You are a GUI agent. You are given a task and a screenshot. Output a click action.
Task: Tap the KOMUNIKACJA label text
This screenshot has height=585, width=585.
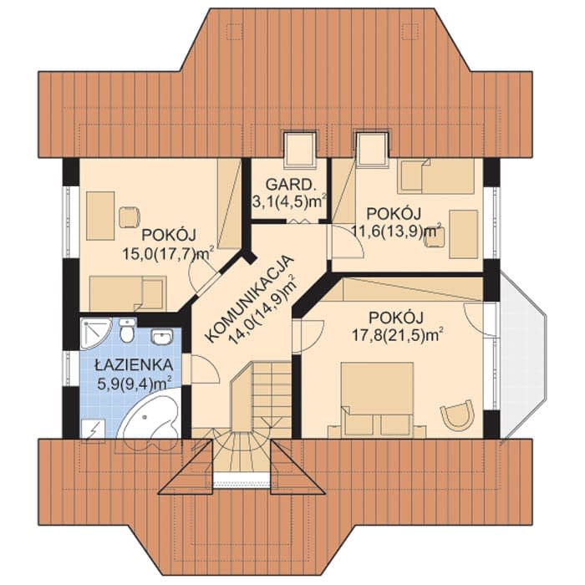249,298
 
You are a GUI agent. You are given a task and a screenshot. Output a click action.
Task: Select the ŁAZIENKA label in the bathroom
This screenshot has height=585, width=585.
133,365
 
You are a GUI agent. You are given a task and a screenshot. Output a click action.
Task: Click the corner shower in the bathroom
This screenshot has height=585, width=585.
94,333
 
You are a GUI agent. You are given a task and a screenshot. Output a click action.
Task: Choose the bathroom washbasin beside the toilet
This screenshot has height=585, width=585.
161,337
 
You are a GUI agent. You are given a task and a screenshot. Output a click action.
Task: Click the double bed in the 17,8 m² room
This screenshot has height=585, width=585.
377,399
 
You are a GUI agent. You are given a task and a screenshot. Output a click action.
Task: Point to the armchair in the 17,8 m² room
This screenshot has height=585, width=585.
457,415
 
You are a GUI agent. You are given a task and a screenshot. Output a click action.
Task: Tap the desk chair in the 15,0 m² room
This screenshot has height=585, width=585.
129,217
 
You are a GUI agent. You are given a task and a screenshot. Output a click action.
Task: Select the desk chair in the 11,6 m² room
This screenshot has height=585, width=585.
435,238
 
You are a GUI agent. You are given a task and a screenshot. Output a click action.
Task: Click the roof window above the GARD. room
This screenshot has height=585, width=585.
299,150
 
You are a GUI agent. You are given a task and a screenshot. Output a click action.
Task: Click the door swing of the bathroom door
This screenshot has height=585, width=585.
206,369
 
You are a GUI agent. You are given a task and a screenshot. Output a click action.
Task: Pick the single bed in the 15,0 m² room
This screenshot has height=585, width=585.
128,293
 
